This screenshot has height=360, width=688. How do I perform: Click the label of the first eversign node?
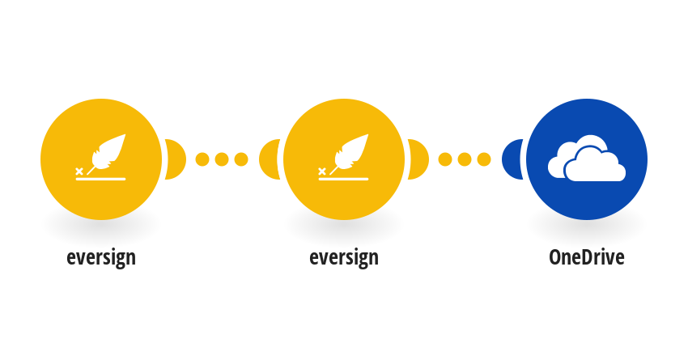click(101, 258)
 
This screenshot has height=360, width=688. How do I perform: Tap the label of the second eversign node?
click(343, 258)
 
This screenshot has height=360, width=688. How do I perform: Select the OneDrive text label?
click(587, 257)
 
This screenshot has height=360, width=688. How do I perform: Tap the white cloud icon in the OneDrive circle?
click(587, 162)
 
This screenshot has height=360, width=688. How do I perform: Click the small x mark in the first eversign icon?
click(79, 171)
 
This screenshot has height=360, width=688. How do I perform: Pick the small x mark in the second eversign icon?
click(321, 171)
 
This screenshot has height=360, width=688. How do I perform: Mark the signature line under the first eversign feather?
click(100, 179)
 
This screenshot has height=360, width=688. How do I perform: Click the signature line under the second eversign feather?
click(343, 179)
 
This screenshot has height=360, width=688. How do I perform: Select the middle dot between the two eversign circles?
click(222, 159)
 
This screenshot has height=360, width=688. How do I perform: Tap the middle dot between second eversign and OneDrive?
click(465, 159)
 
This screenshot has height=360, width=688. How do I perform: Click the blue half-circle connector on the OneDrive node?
click(512, 159)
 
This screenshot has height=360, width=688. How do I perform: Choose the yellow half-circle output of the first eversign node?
click(176, 159)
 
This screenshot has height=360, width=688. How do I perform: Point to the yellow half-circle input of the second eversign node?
click(270, 159)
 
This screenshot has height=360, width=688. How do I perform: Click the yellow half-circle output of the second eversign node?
click(418, 159)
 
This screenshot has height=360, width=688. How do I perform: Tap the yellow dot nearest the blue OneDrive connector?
click(484, 159)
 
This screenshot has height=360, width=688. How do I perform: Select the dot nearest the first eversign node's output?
click(202, 159)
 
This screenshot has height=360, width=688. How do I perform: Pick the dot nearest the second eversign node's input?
click(241, 159)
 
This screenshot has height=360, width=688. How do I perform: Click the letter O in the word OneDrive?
click(554, 257)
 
